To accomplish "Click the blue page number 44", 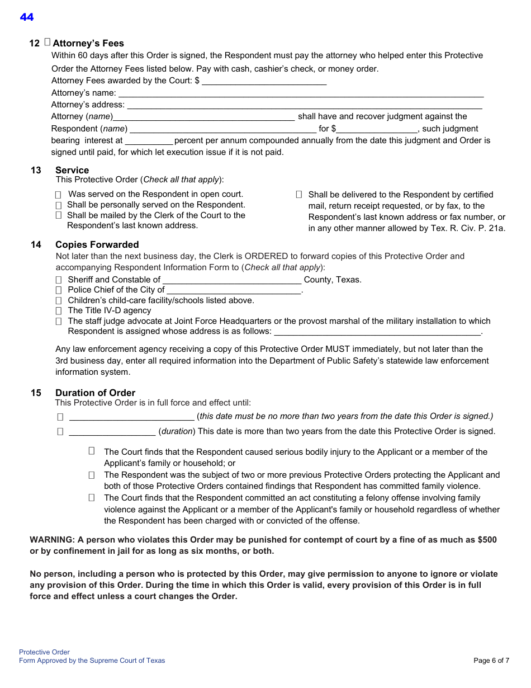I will click(27, 17).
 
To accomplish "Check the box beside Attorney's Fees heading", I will click(47, 42).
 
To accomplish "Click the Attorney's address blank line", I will click(305, 105).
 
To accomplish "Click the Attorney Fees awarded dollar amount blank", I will click(264, 81).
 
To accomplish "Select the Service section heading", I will click(72, 170).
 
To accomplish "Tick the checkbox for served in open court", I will click(59, 195).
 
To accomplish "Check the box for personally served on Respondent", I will click(59, 205).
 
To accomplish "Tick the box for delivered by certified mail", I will click(299, 195).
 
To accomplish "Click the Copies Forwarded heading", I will click(97, 244).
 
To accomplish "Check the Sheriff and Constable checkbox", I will click(59, 280).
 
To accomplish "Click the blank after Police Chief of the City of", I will click(234, 290).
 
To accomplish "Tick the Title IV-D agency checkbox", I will click(59, 310).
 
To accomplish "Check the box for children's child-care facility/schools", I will click(59, 300).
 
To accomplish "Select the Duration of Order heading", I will click(95, 393).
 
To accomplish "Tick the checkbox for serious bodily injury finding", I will click(92, 451).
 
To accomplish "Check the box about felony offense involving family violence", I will click(92, 497).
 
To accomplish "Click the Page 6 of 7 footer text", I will click(491, 661).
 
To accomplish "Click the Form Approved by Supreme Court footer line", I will click(92, 661).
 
